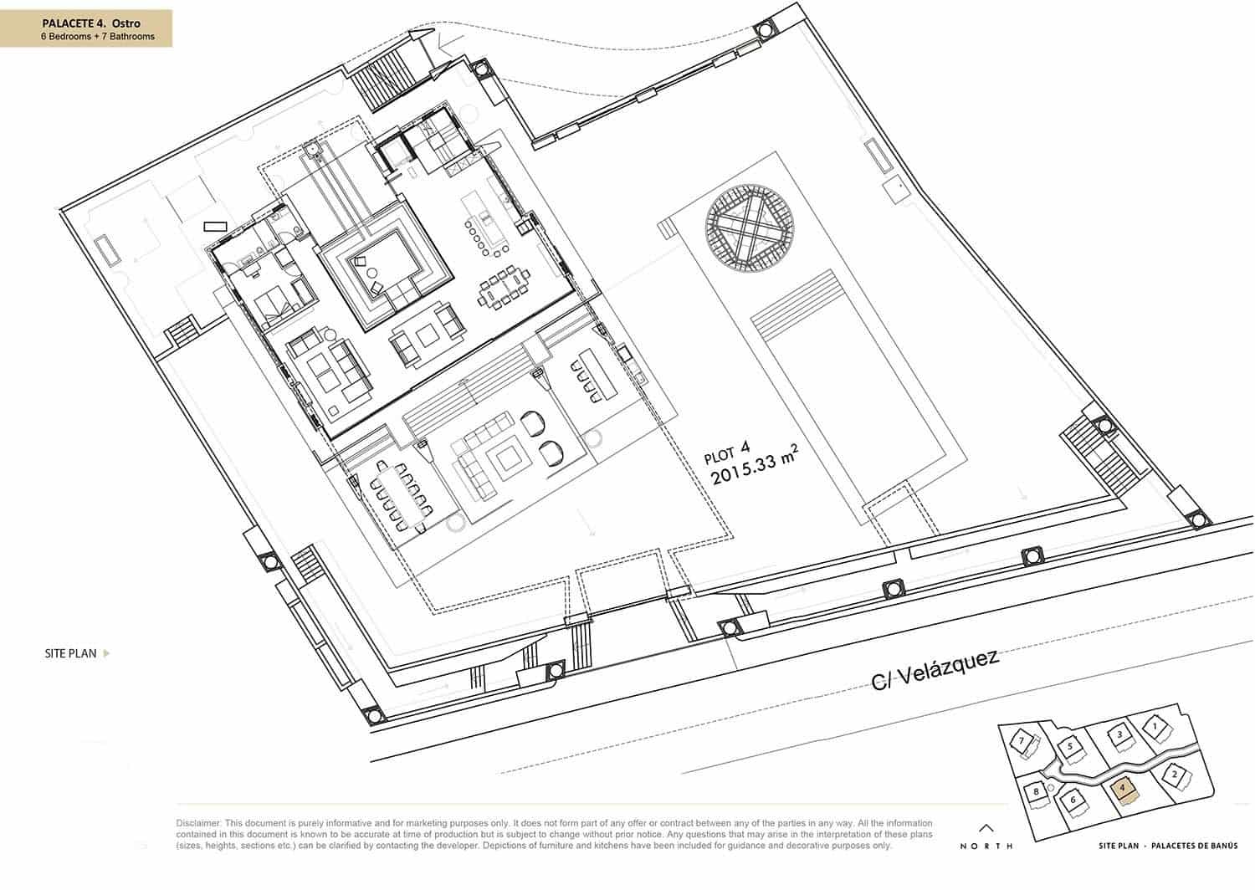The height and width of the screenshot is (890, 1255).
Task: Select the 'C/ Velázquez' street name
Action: [x=935, y=670]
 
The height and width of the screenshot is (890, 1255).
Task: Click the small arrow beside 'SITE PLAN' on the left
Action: [x=106, y=654]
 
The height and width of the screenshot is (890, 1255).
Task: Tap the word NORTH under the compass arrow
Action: [x=986, y=846]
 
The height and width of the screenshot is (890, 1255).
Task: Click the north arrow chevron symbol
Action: [x=986, y=827]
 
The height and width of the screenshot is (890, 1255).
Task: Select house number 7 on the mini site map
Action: [x=1021, y=740]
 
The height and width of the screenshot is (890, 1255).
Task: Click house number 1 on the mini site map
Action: [x=1155, y=727]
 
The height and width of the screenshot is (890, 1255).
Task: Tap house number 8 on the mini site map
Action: [x=1036, y=791]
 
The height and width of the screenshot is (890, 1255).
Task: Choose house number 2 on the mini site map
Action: [x=1175, y=775]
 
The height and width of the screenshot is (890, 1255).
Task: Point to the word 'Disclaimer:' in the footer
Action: [x=197, y=824]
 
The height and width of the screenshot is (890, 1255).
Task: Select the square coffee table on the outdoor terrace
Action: [x=508, y=458]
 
